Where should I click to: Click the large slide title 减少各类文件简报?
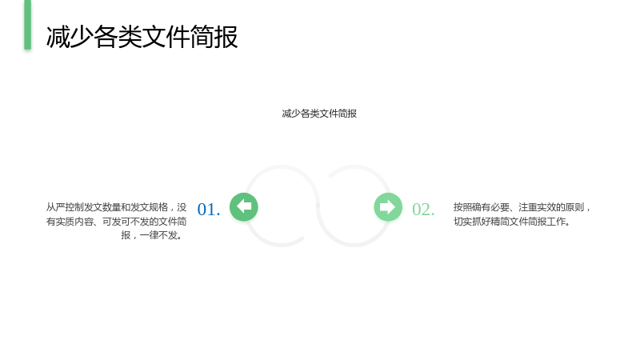142,37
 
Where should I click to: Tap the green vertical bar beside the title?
28,25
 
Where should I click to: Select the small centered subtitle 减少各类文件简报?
319,114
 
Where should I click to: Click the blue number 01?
209,210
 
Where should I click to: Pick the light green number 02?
423,210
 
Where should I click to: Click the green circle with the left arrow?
244,207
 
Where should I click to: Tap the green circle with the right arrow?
388,207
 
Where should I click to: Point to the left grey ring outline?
282,166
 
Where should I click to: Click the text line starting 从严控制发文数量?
116,207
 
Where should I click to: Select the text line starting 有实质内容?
116,222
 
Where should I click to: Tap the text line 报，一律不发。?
152,235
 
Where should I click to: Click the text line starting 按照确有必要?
522,207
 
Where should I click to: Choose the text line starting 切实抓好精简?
512,222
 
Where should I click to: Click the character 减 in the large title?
58,37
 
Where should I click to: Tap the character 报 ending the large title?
226,37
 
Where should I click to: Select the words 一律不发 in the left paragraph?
158,235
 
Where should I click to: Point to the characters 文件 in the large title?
166,37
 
